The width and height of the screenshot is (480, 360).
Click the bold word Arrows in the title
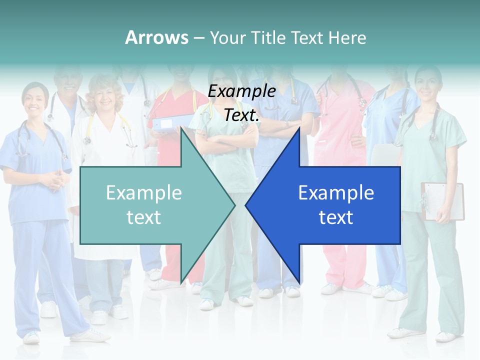click(x=156, y=37)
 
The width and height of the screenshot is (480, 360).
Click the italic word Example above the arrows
click(x=241, y=91)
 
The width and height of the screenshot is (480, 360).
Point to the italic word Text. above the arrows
click(x=241, y=115)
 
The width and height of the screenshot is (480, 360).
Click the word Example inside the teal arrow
click(x=144, y=193)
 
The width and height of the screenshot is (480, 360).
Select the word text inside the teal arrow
click(x=144, y=217)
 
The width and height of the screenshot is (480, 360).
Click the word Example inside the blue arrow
click(x=336, y=193)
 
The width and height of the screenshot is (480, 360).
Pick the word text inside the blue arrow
click(x=336, y=217)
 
